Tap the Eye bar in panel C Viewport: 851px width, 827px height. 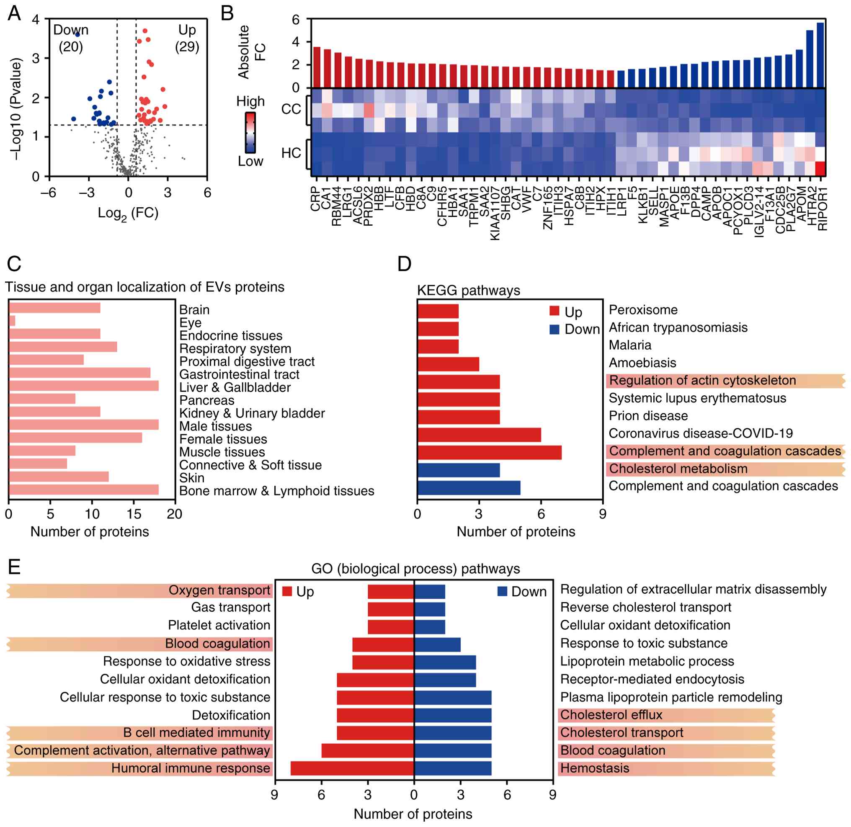coord(12,321)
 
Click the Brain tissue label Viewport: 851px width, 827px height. coord(194,310)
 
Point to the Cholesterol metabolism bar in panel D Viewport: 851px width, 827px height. coord(458,470)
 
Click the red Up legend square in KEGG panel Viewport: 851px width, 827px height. coord(554,311)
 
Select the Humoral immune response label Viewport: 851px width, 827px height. coord(191,768)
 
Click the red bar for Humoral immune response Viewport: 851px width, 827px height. coord(352,768)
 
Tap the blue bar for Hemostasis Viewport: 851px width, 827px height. coord(453,768)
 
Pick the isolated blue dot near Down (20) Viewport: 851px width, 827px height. coord(77,34)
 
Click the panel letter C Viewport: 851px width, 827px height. coord(14,264)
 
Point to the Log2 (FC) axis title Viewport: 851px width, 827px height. coord(128,213)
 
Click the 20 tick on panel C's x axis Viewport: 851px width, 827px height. coord(175,514)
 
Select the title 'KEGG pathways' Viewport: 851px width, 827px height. coord(468,290)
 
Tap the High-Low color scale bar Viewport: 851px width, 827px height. coord(250,132)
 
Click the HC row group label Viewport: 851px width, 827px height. coord(291,153)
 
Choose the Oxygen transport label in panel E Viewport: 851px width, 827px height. coord(219,590)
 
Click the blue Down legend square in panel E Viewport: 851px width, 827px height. coord(502,591)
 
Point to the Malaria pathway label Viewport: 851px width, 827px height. coord(630,345)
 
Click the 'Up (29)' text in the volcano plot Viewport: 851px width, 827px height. coord(187,38)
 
